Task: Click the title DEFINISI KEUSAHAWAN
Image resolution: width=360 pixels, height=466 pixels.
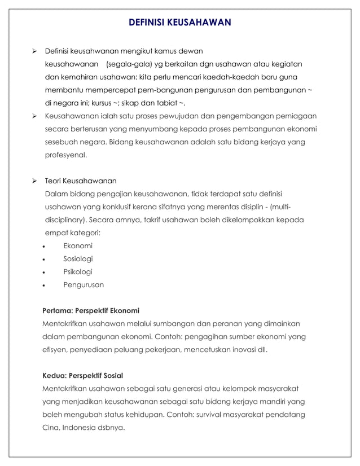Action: (x=180, y=23)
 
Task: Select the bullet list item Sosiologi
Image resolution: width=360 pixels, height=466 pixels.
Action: (x=78, y=259)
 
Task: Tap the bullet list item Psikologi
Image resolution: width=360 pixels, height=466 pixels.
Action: (x=78, y=272)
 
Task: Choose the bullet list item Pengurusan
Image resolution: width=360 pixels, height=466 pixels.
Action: (x=84, y=285)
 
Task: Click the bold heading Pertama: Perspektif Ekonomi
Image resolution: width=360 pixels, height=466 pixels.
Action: (x=91, y=311)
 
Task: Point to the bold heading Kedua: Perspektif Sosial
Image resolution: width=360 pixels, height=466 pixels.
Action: (x=83, y=376)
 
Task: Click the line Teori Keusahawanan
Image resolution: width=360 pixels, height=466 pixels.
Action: (x=81, y=181)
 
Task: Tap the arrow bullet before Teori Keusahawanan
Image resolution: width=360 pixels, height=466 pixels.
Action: (x=34, y=181)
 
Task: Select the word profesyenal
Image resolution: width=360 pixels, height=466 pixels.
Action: (x=65, y=155)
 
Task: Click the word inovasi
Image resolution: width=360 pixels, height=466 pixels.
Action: (x=240, y=350)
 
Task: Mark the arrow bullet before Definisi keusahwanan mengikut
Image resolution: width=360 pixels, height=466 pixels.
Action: (x=34, y=51)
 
